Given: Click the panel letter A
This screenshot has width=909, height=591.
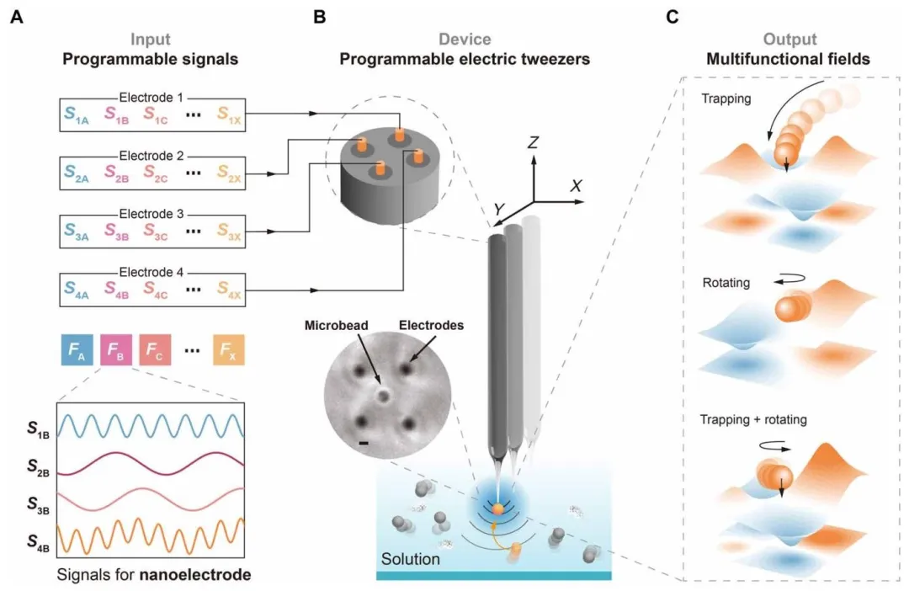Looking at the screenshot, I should (x=17, y=16).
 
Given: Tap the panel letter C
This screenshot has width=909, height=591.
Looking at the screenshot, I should (x=673, y=16).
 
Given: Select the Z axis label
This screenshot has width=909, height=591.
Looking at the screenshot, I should (x=532, y=143).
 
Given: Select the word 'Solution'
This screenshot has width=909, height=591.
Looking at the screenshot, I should (x=410, y=558).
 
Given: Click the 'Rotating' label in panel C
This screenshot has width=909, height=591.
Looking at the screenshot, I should (x=727, y=284).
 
